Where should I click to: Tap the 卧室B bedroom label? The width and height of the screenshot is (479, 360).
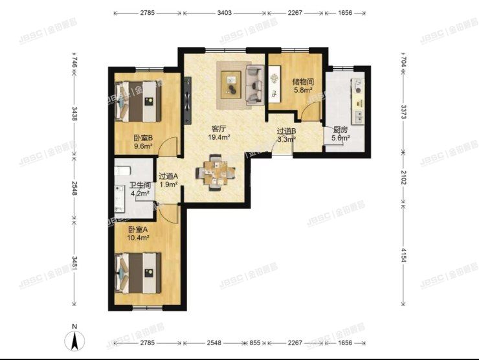point(142,138)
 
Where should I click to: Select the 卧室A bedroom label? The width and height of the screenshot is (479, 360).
point(138,230)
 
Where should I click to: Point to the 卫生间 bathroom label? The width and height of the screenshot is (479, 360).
point(123,184)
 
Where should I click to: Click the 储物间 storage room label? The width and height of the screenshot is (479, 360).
point(303,82)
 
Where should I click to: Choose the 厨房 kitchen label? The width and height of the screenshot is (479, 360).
point(340,129)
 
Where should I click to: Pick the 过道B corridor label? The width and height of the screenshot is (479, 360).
point(286,130)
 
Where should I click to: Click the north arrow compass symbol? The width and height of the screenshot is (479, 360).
point(76,339)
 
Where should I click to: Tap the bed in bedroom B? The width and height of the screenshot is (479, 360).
point(137,100)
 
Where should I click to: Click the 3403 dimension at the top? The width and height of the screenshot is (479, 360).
point(224,13)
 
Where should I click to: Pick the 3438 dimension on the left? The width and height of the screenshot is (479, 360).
point(75,114)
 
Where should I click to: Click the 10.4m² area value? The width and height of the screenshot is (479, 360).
point(138,238)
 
